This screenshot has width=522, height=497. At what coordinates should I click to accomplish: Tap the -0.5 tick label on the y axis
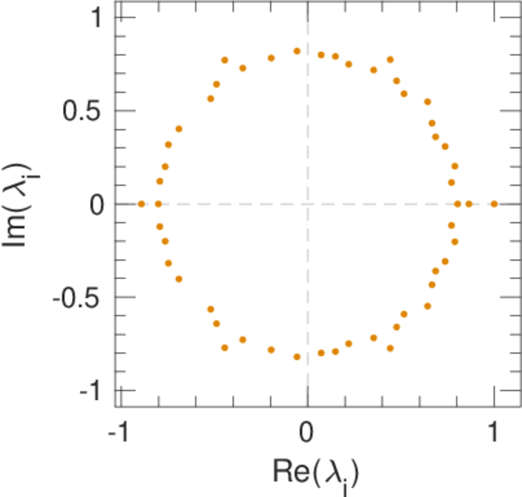tap(82, 297)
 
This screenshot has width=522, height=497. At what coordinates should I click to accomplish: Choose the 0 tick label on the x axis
tap(307, 434)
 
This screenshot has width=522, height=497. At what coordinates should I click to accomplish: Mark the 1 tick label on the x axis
tap(495, 434)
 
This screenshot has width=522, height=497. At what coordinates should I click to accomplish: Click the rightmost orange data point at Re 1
tap(495, 204)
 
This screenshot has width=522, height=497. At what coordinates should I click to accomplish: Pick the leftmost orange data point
tap(141, 204)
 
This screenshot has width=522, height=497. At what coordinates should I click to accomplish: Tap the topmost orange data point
tap(297, 51)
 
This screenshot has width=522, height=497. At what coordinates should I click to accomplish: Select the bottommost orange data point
tap(297, 357)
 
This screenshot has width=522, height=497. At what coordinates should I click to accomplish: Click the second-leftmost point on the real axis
tap(158, 204)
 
